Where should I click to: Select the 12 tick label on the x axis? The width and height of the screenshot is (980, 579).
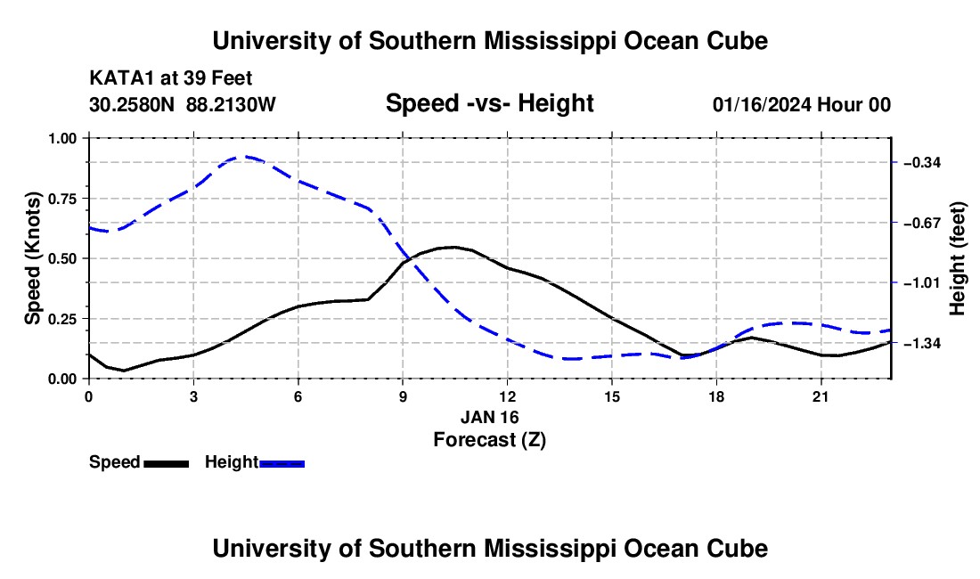tap(508, 397)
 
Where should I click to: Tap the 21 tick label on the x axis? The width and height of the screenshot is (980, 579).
tap(821, 397)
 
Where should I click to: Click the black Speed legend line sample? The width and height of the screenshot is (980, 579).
tap(167, 464)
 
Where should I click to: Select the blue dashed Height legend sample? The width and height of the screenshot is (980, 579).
tap(282, 464)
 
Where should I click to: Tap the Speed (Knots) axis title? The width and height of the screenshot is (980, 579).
tap(32, 258)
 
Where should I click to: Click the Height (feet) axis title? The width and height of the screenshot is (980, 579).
tap(957, 258)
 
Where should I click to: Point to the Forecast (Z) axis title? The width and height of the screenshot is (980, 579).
tap(490, 440)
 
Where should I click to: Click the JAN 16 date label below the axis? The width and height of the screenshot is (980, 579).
tap(490, 417)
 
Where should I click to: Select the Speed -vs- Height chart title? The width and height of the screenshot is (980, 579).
tap(489, 103)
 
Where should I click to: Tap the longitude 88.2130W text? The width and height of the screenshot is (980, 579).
tap(231, 104)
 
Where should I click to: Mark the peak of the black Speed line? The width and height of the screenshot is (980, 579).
tap(453, 247)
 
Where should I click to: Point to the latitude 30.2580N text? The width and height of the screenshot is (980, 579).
tap(132, 104)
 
